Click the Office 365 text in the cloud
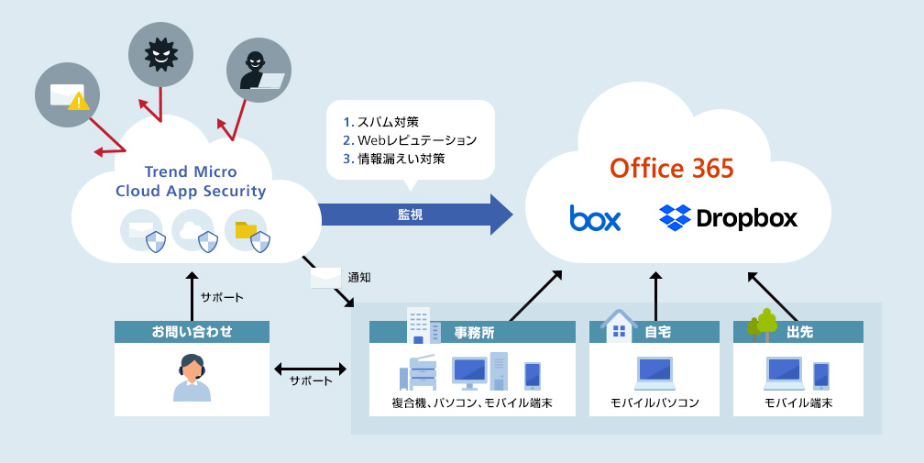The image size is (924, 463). coord(672,169)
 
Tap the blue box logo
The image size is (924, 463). coord(595,218)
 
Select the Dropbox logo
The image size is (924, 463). coord(728,218)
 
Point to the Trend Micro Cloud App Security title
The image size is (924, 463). coord(191,182)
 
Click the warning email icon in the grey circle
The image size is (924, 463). coord(66,95)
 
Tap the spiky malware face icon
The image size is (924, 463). coord(160,55)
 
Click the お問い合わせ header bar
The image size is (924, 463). coord(192,332)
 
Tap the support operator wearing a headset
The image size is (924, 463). coord(192,378)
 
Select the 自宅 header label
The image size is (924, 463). coord(657,332)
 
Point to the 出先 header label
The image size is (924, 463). coord(799,332)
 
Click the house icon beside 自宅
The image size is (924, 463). coord(619,324)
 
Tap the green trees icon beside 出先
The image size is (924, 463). coord(762,323)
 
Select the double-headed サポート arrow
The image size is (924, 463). coord(311,369)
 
